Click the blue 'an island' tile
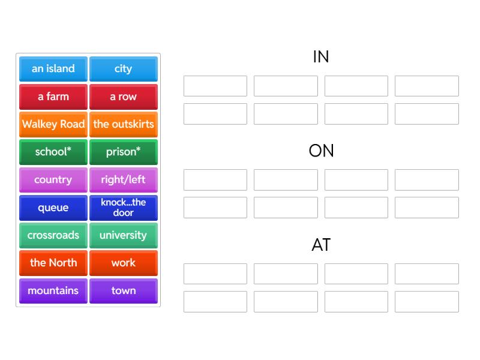click(53, 69)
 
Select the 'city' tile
click(124, 69)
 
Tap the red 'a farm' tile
click(53, 97)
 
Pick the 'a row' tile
click(124, 97)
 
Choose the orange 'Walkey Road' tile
click(53, 124)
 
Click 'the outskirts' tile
click(124, 124)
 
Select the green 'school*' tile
click(53, 152)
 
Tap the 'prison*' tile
click(124, 152)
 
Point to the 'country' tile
click(53, 180)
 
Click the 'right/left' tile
click(124, 180)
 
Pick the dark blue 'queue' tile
click(53, 208)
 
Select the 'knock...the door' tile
click(124, 208)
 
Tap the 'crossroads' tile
click(53, 235)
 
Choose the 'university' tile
click(124, 235)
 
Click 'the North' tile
click(53, 263)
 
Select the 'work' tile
click(124, 263)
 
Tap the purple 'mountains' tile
click(53, 291)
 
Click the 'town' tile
click(124, 291)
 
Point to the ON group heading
click(321, 151)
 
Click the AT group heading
click(321, 245)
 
